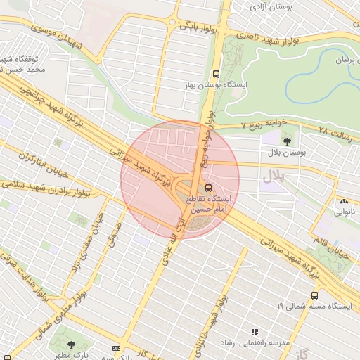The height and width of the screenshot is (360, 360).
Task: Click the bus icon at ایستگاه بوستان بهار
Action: point(216,72)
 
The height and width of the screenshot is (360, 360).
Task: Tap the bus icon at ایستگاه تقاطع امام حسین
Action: point(208,188)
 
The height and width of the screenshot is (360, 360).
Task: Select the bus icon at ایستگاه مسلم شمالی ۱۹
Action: point(314,295)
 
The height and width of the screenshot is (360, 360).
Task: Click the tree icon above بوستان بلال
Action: point(273,140)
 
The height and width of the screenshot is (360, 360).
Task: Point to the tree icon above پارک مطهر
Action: point(71,345)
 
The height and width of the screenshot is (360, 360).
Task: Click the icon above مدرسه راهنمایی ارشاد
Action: point(255,331)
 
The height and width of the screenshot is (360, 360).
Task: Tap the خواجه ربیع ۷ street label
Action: point(264,123)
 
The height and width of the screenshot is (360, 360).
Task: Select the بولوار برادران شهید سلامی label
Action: point(49,186)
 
